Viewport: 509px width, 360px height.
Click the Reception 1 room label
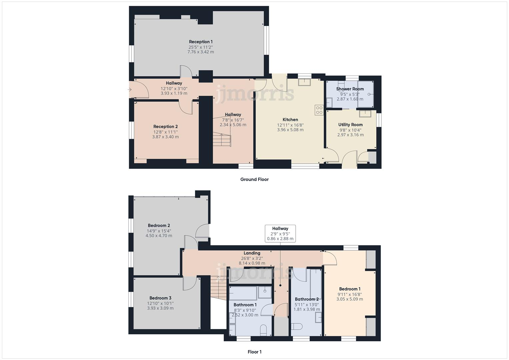pos(201,42)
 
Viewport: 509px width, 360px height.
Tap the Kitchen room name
pos(290,120)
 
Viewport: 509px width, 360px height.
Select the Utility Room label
pos(350,125)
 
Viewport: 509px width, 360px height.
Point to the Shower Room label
pos(350,89)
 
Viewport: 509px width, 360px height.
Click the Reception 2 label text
pos(165,127)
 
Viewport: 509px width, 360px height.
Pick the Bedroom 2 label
pos(159,226)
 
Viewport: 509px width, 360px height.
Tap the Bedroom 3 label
pos(160,298)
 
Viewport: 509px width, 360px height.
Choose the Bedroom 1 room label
pos(350,289)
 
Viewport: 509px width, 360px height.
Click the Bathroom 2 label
pos(307,299)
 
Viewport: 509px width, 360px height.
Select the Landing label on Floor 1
pos(252,253)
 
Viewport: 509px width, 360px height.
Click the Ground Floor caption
pos(254,179)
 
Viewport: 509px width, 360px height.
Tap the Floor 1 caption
pos(254,352)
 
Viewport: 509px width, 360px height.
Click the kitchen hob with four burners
pos(319,110)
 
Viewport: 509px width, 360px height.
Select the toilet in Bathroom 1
pos(263,329)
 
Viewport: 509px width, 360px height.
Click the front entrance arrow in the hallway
pos(129,89)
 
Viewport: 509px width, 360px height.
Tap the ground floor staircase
pos(222,139)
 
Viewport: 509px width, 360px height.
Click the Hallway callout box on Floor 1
pos(280,233)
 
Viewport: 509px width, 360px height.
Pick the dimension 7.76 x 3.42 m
pos(201,52)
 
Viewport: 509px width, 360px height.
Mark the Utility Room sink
pos(365,114)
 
